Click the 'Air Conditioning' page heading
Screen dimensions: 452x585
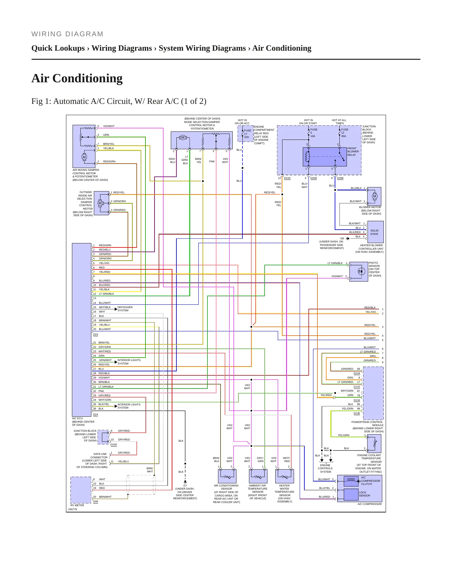click(77, 78)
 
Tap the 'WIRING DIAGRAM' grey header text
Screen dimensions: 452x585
click(67, 34)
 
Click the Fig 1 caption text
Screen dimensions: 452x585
click(119, 101)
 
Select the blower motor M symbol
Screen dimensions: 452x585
click(375, 196)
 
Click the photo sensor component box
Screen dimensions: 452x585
click(358, 272)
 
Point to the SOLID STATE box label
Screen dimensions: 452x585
click(374, 232)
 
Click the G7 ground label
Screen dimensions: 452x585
click(185, 486)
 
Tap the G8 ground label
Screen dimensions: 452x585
click(342, 238)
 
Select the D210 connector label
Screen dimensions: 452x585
click(287, 178)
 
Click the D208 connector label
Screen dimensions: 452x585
click(340, 178)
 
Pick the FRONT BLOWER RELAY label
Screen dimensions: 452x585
click(353, 151)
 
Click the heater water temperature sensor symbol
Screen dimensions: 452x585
click(284, 476)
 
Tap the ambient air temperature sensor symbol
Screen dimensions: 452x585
click(258, 476)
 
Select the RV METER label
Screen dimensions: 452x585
click(77, 505)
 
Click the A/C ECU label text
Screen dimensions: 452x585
click(78, 418)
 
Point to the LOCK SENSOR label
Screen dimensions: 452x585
click(364, 494)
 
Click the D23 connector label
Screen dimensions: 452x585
click(95, 334)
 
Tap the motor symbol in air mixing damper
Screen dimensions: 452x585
click(84, 157)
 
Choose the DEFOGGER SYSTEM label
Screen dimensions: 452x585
click(125, 309)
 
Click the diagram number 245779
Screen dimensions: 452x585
click(73, 509)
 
